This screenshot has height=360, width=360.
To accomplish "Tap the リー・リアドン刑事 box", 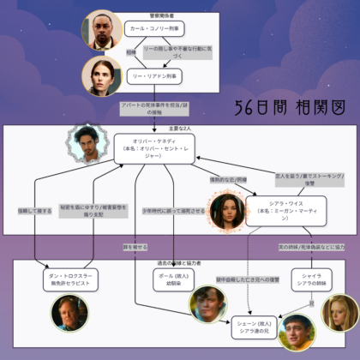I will point(153,77).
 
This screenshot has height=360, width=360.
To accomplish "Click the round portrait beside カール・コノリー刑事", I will point(103,30).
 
